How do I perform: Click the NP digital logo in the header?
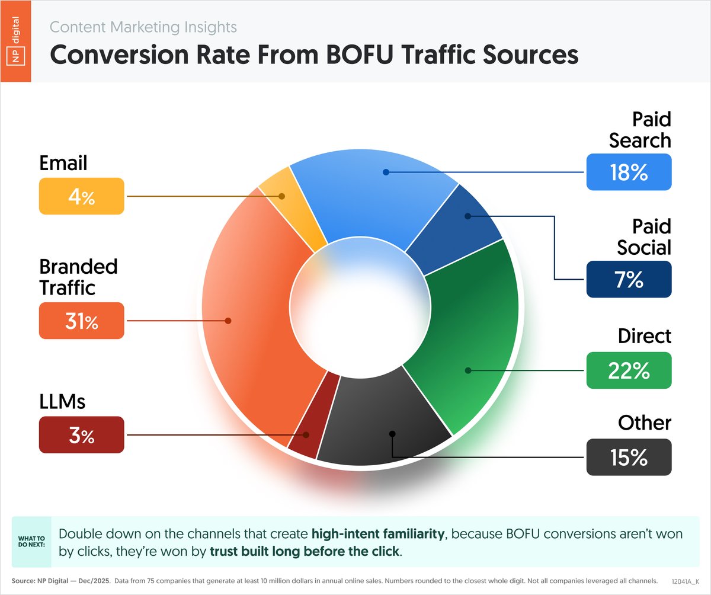15,41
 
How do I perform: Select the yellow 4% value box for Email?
82,196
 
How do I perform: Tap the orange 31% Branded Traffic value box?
82,321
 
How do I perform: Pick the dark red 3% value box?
82,436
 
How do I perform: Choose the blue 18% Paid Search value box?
629,172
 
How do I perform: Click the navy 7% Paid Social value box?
629,279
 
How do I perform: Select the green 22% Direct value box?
629,370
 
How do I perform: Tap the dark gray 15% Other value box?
629,457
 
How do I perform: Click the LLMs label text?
62,402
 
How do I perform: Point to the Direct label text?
644,336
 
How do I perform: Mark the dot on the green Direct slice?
468,370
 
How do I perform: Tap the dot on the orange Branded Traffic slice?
228,321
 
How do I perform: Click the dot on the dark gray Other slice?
391,434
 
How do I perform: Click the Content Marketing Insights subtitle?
143,27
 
